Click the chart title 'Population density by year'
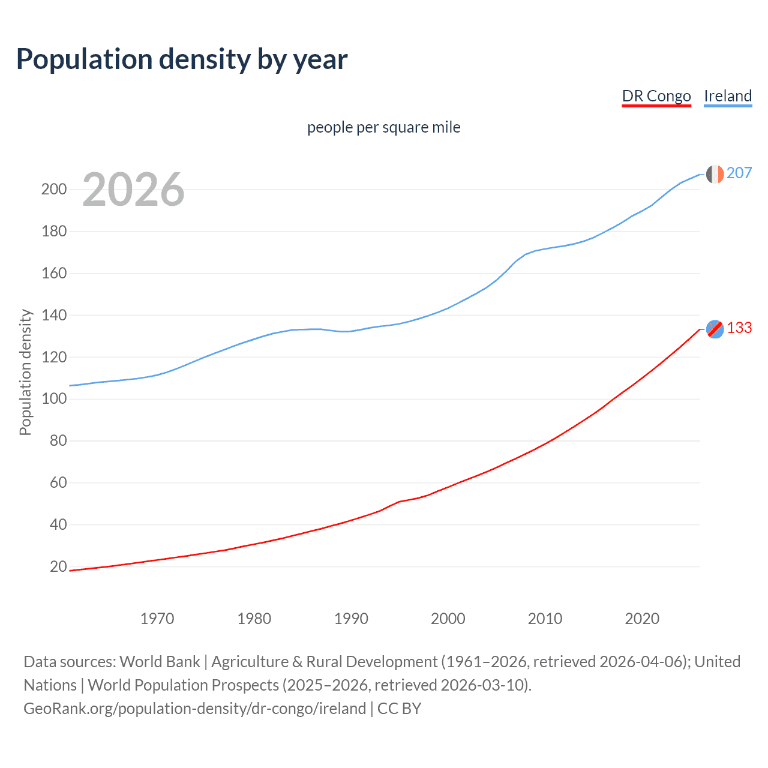182,59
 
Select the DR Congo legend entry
656,96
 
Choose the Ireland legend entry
728,96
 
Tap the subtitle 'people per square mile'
383,127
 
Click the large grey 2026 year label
133,190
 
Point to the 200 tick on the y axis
54,190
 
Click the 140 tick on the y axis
54,315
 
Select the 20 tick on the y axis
58,566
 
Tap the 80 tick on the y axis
58,441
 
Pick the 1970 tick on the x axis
157,619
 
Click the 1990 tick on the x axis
351,619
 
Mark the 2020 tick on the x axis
642,619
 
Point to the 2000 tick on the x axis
448,619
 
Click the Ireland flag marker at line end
715,174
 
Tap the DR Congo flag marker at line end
715,329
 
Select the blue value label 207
739,173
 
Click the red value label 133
739,328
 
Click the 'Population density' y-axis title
25,372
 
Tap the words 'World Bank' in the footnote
160,662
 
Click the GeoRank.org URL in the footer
195,709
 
